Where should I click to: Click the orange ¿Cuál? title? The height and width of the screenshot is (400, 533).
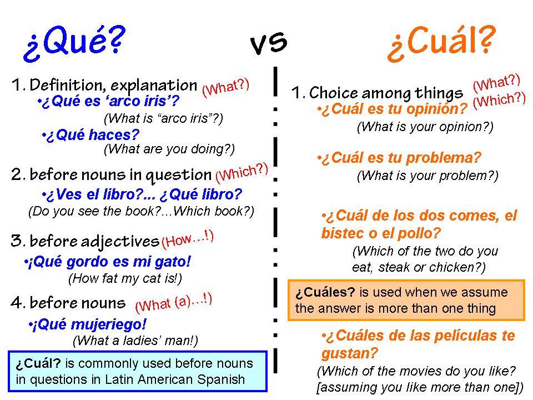(x=441, y=43)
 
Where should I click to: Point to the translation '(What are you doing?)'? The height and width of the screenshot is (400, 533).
(x=169, y=149)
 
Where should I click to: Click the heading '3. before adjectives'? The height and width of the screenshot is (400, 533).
(x=85, y=241)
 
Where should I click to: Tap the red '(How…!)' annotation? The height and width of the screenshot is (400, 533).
(x=187, y=239)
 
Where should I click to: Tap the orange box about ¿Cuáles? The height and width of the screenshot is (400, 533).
(x=406, y=300)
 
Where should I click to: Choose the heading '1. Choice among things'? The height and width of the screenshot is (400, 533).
(x=378, y=92)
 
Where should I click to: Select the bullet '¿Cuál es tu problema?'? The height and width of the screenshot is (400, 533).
(x=399, y=159)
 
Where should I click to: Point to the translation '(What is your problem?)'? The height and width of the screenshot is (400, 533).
(x=427, y=176)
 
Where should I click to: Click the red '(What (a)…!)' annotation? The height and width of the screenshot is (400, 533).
(x=173, y=302)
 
